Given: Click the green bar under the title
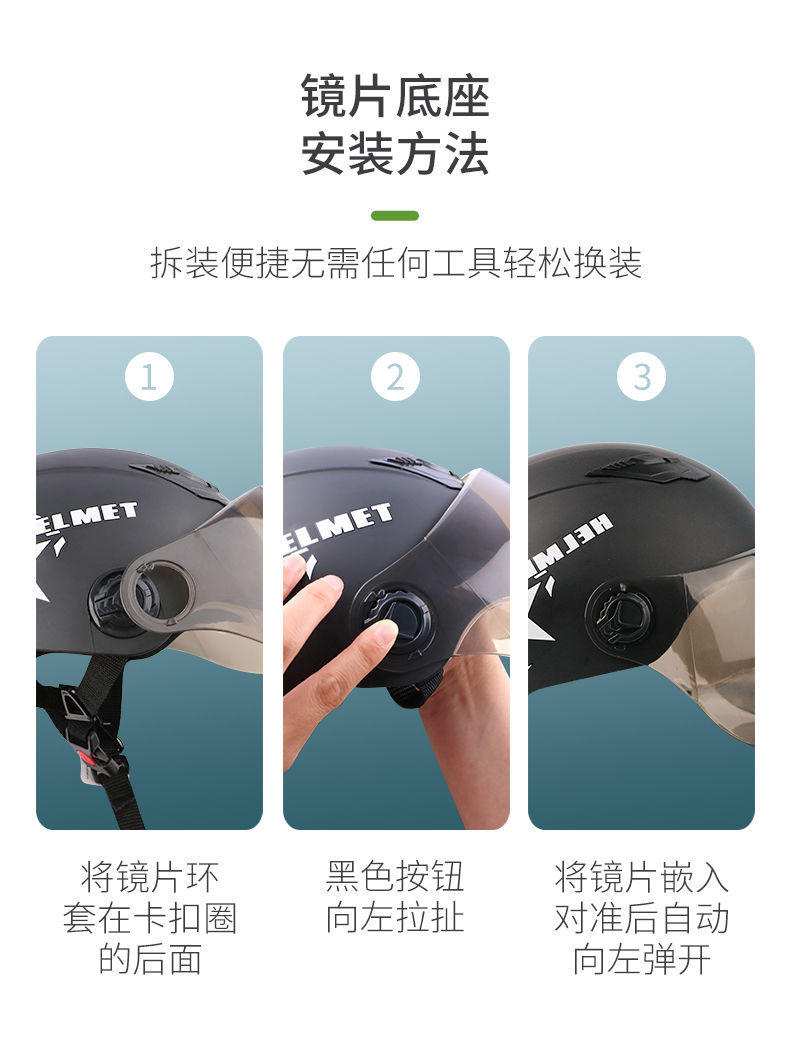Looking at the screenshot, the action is pos(394,215).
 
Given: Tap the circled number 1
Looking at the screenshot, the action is pos(149,377).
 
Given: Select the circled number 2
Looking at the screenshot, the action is pos(395,377).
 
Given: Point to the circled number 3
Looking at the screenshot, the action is pos(641,377).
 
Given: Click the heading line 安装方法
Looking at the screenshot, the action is pos(395,154).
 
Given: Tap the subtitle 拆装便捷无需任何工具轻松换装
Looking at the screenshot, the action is pos(395,263).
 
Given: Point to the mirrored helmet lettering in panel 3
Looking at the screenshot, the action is pos(571,540).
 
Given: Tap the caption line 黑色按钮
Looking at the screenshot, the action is pos(395,877).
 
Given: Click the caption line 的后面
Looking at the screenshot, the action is pos(149,959).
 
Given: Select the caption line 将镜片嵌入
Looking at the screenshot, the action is pos(641,877).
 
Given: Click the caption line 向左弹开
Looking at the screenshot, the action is pos(641,959).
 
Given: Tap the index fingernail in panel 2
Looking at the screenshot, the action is pos(385,631).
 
